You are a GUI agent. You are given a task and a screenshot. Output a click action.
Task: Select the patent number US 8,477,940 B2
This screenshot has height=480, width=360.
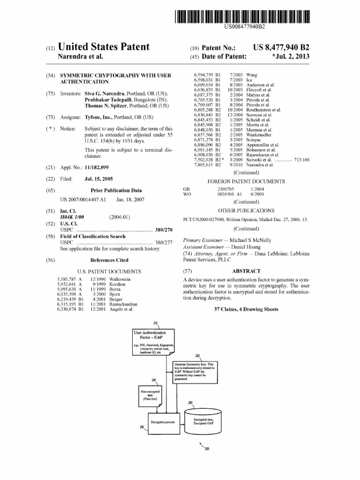click(x=281, y=48)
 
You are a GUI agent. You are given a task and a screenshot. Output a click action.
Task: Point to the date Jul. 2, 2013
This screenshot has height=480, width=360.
click(x=292, y=57)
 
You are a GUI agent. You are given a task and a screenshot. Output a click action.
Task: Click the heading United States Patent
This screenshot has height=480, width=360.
click(x=103, y=47)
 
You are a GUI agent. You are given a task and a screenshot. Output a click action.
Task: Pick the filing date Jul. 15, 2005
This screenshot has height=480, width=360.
click(x=98, y=179)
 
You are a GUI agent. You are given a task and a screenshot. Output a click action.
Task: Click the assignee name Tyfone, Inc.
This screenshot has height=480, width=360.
click(x=99, y=117)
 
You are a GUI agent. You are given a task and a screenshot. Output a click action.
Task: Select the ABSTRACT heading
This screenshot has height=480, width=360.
click(x=246, y=271)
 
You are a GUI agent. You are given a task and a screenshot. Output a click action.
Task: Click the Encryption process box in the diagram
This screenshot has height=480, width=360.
click(x=163, y=422)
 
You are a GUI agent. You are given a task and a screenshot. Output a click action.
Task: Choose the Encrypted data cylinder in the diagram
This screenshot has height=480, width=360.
click(x=203, y=421)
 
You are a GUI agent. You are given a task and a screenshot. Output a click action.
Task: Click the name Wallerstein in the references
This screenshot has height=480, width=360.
click(x=120, y=279)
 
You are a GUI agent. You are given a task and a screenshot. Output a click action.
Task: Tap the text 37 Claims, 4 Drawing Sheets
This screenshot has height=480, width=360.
click(x=246, y=309)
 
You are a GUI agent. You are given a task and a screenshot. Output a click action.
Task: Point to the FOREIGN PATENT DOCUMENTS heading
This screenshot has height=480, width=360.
click(x=246, y=181)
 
